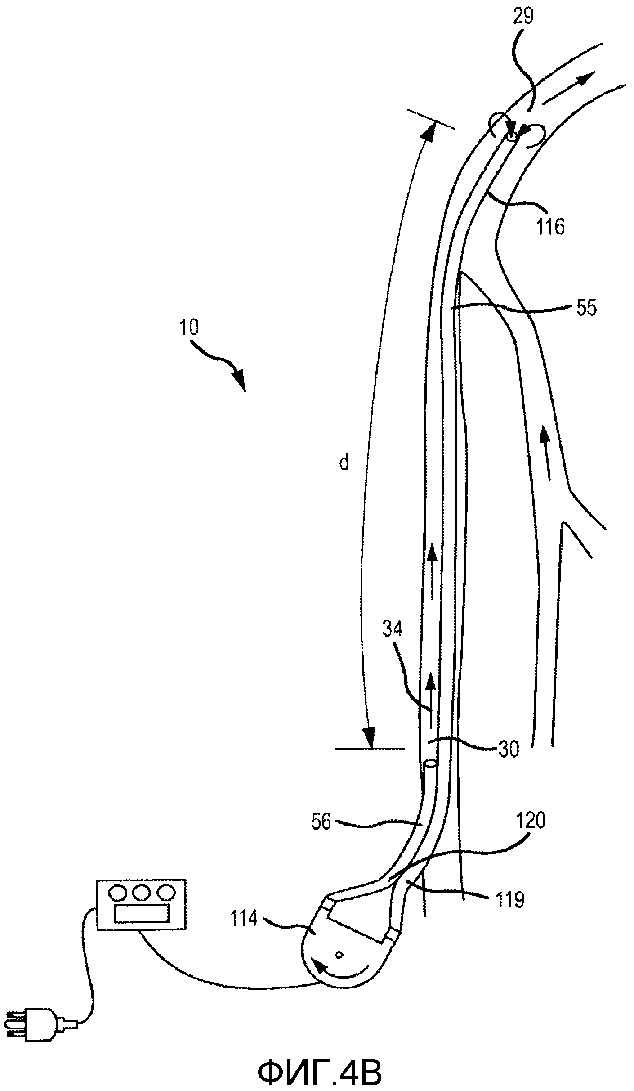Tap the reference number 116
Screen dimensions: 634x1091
coord(550,227)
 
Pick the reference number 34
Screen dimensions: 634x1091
coord(392,629)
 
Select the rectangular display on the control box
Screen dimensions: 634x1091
coord(142,912)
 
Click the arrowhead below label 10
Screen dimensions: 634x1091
coord(239,379)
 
